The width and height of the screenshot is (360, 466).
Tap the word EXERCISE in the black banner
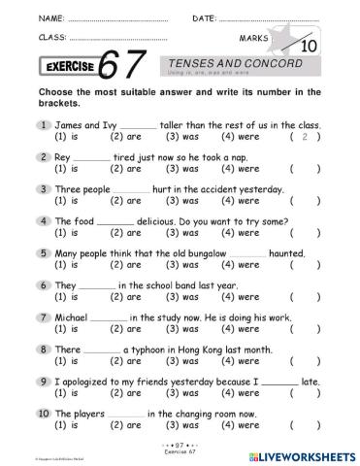pos(71,67)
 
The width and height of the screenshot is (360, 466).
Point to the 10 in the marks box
pos(310,71)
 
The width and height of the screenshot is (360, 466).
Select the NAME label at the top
pos(26,17)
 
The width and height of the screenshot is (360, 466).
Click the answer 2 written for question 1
pos(306,138)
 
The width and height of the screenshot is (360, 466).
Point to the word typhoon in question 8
pos(147,348)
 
